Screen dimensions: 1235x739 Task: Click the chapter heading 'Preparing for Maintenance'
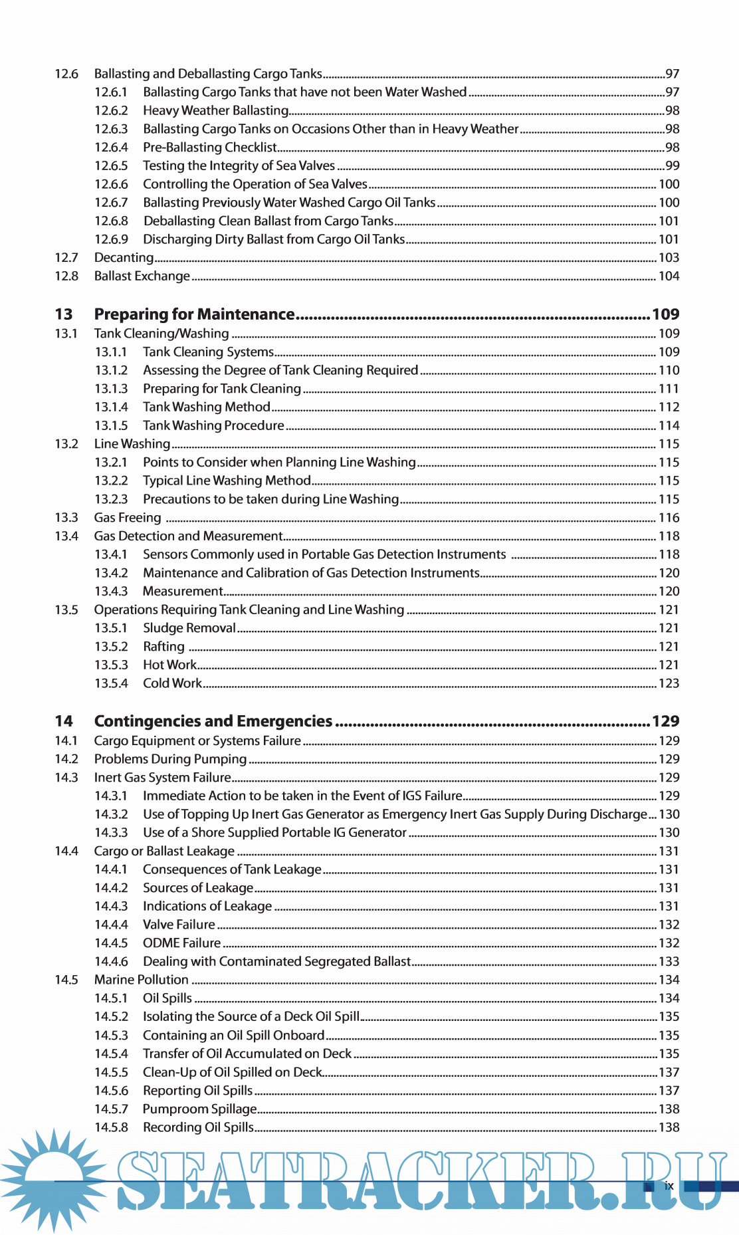194,314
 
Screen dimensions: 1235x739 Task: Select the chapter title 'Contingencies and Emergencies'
213,721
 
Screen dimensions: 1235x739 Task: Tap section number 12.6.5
111,166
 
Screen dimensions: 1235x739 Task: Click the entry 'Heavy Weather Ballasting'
215,111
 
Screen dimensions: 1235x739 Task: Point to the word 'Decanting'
124,258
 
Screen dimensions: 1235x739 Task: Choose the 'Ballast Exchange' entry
142,277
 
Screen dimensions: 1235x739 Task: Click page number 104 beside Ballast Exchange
669,277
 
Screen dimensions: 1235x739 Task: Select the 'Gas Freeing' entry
128,518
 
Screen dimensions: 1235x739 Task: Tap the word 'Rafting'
163,647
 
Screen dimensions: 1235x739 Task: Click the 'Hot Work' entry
169,665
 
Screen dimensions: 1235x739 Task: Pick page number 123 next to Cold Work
669,684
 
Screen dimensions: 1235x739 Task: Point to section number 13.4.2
111,573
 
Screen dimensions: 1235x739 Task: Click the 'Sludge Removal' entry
189,628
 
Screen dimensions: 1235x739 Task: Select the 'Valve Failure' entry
179,925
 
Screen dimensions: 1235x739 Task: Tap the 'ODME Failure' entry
181,943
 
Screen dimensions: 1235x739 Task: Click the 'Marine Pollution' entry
141,980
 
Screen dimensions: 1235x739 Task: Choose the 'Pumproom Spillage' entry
199,1109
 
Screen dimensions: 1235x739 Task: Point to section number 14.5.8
111,1127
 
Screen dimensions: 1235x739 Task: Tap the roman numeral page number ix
669,1186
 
